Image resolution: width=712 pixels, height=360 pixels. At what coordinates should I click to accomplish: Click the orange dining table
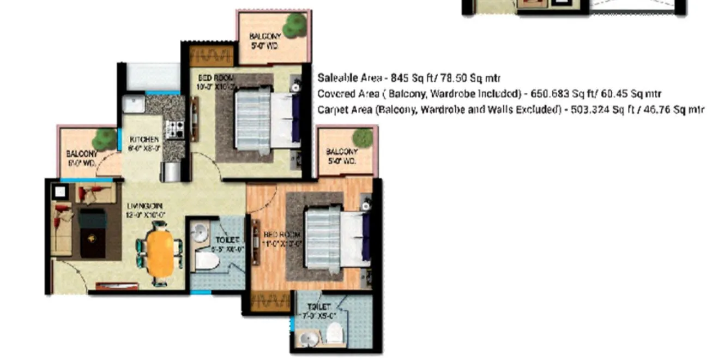(161, 253)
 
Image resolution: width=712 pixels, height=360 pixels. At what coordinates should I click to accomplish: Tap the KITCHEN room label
(144, 140)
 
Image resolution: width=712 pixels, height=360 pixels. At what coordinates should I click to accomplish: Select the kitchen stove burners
(175, 129)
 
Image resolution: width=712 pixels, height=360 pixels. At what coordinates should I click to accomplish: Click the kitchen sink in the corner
(132, 104)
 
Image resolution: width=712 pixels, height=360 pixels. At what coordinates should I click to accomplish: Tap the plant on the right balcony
(363, 137)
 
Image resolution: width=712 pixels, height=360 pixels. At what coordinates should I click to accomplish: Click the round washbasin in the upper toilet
(200, 233)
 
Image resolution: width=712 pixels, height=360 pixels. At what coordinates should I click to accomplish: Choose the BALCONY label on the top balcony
(264, 36)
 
